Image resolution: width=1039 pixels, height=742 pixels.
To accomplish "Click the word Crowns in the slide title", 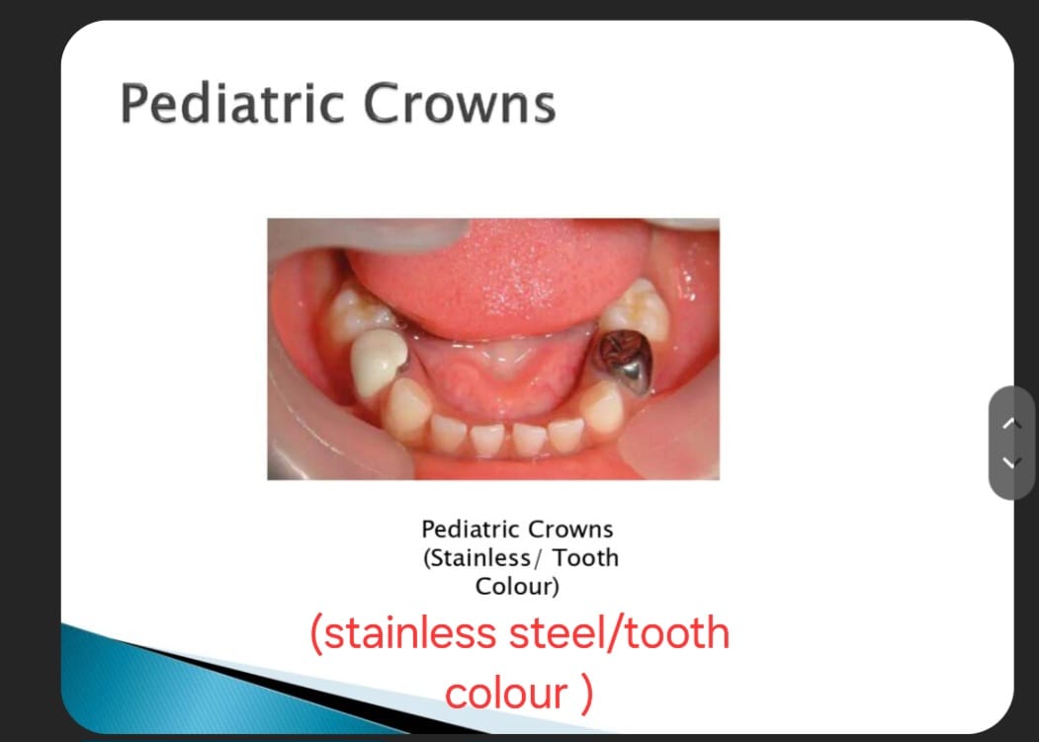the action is tap(460, 104).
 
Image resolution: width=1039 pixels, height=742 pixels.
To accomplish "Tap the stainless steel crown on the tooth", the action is tap(624, 361).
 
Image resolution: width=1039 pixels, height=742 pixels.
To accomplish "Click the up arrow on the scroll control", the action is tap(1011, 423).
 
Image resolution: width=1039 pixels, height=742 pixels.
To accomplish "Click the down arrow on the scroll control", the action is tap(1011, 461).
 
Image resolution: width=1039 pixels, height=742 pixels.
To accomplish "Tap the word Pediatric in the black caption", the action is tap(471, 529).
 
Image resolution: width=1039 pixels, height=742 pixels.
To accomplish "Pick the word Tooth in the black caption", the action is tap(586, 558).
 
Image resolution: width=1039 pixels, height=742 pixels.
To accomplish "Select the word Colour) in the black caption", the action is tap(517, 586).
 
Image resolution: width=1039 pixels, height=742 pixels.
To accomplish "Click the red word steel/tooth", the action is tap(619, 632).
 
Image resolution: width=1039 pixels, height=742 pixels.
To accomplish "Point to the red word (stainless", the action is tap(403, 632).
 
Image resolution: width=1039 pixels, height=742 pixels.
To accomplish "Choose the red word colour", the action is tap(506, 693).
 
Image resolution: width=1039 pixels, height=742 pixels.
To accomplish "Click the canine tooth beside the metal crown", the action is tap(602, 408).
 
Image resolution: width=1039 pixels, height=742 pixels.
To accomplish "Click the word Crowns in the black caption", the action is tap(570, 529).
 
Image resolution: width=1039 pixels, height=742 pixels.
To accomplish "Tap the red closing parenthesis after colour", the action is tap(586, 695).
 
